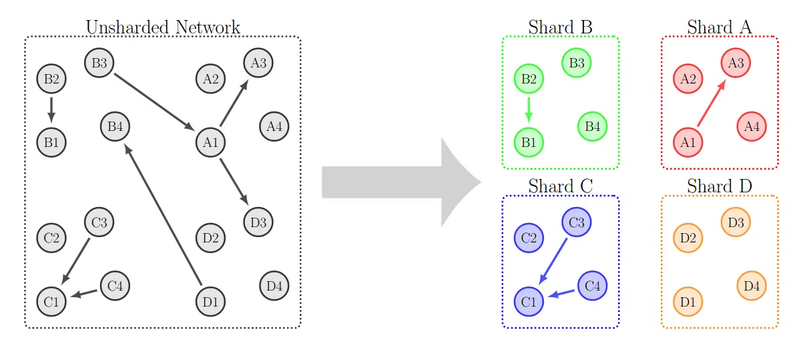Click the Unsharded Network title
163,27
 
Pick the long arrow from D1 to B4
164,214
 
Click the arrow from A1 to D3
234,181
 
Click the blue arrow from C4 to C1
561,293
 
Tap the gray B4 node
115,126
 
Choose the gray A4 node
274,126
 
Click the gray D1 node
210,302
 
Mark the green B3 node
577,63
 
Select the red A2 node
688,79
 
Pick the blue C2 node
529,238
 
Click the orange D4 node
752,286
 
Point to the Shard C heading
560,186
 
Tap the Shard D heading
719,186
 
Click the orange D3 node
736,222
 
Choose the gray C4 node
115,286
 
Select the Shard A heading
719,27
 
